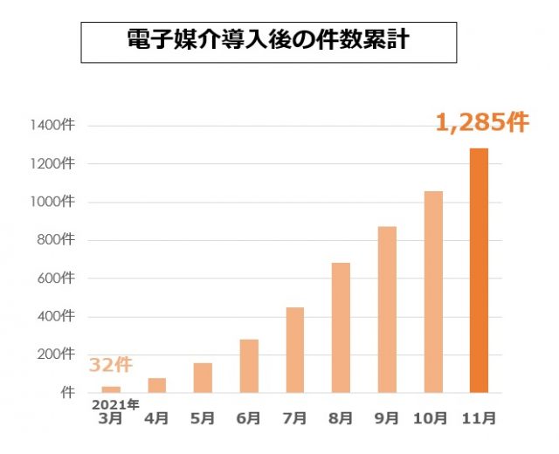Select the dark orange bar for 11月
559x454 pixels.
[x=479, y=271]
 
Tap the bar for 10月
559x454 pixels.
[x=432, y=292]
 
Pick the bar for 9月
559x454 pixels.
[x=387, y=309]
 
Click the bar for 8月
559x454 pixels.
[x=341, y=327]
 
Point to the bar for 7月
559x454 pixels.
[x=294, y=349]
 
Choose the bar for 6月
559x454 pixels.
[x=249, y=366]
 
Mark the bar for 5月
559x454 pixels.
[x=203, y=377]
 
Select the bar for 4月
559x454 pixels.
[x=157, y=385]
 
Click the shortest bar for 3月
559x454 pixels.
[x=111, y=389]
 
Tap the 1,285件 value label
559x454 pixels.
[x=482, y=122]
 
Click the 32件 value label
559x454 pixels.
[x=110, y=365]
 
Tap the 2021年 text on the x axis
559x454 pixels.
[x=116, y=405]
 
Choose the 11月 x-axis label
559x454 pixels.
[x=479, y=419]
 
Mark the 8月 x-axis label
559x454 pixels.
[x=341, y=419]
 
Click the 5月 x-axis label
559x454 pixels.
[x=203, y=419]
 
